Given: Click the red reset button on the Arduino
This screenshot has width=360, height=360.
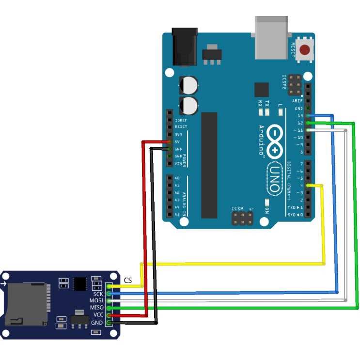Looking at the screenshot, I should pos(305,49).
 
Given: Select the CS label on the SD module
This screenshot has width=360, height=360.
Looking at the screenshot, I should pos(128,280).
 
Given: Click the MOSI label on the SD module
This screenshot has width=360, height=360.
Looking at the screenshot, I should pos(96,301).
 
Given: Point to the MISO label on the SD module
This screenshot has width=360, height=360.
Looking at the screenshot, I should pos(96,308).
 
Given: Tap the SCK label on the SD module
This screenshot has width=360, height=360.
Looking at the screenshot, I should pos(97,294).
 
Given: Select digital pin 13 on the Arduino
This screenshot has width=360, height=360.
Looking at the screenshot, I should pos(307,116).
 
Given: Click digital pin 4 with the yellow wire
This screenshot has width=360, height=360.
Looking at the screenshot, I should pos(307,185).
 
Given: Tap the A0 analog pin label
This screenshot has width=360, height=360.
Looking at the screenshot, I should pos(177,178).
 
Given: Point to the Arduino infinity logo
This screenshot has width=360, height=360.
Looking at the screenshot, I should pos(274,142).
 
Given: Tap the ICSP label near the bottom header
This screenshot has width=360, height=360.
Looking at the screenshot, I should pos(237,209).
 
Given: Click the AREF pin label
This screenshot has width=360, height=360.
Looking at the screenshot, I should pos(297,101).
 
